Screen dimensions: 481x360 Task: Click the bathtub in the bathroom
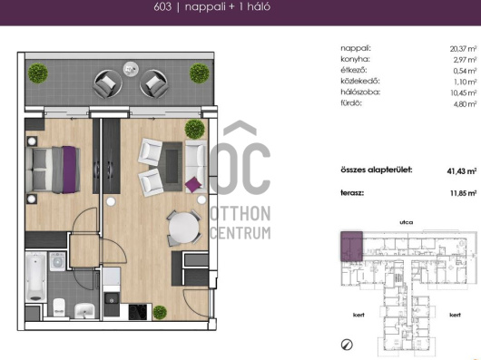click(36, 277)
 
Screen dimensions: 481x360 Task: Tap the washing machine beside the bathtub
click(57, 262)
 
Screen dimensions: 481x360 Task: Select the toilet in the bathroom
click(59, 307)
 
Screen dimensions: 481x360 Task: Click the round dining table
click(184, 228)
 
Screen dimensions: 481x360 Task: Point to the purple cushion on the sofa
click(193, 184)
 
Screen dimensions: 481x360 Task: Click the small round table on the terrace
click(131, 69)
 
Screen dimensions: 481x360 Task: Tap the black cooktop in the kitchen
click(138, 312)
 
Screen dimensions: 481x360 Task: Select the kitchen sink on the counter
click(112, 300)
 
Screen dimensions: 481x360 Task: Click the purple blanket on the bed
click(69, 170)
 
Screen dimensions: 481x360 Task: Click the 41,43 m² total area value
click(462, 171)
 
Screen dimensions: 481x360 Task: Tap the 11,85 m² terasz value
click(463, 193)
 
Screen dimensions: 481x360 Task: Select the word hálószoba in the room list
click(360, 92)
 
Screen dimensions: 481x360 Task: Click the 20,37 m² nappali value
click(463, 49)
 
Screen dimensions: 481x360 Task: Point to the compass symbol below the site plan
click(347, 345)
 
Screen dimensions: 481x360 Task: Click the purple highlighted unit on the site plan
click(351, 247)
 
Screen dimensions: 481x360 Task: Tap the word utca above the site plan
click(407, 222)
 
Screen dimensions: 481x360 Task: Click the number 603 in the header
click(162, 6)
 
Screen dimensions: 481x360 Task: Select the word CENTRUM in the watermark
click(240, 233)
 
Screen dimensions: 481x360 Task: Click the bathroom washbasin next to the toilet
click(84, 310)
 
